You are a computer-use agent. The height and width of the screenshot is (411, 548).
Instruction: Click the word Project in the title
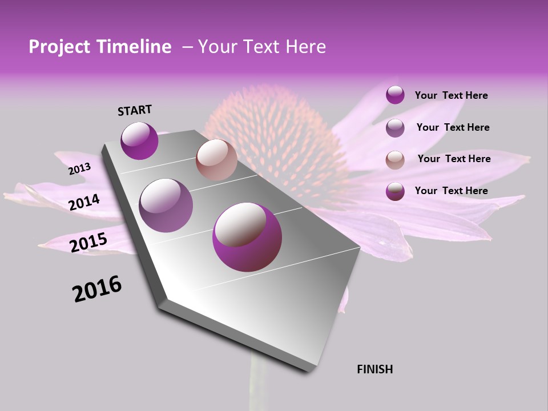tap(59, 47)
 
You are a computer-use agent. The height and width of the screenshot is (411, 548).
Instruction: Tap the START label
tap(135, 110)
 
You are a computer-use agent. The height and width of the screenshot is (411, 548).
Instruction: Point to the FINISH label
tap(374, 369)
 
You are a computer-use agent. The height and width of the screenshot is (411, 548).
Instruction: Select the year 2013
tap(79, 169)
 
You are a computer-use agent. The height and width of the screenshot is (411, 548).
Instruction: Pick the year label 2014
tap(84, 202)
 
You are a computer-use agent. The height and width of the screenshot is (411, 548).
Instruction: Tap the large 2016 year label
tap(97, 288)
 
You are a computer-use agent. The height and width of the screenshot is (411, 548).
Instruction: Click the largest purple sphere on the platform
tap(247, 237)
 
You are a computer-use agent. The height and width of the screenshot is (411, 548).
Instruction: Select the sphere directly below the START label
tap(139, 140)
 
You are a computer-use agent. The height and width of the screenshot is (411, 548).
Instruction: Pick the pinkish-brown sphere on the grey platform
tap(216, 160)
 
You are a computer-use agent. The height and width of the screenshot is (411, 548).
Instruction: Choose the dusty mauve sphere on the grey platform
tap(166, 205)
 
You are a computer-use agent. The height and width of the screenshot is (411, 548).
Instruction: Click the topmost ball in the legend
tap(395, 95)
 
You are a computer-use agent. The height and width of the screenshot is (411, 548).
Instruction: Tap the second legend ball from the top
tap(395, 128)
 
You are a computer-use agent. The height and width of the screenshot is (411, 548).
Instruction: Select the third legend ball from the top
tap(395, 160)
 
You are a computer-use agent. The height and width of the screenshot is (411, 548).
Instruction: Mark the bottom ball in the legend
tap(395, 191)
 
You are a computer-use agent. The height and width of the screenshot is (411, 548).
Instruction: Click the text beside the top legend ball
tap(451, 95)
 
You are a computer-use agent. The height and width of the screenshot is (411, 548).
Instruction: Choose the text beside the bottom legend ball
tap(451, 191)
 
